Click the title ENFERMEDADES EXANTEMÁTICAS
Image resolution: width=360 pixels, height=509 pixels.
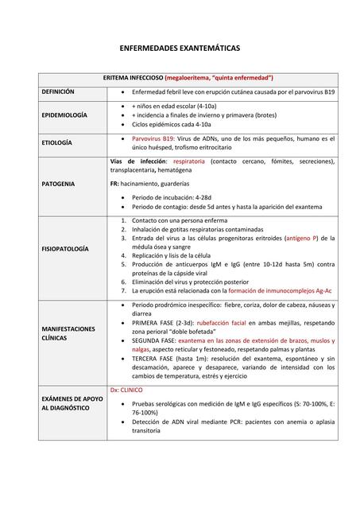[180, 49]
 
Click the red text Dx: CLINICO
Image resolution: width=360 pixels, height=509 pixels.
[126, 390]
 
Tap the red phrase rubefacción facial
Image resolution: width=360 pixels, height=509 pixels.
[223, 323]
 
